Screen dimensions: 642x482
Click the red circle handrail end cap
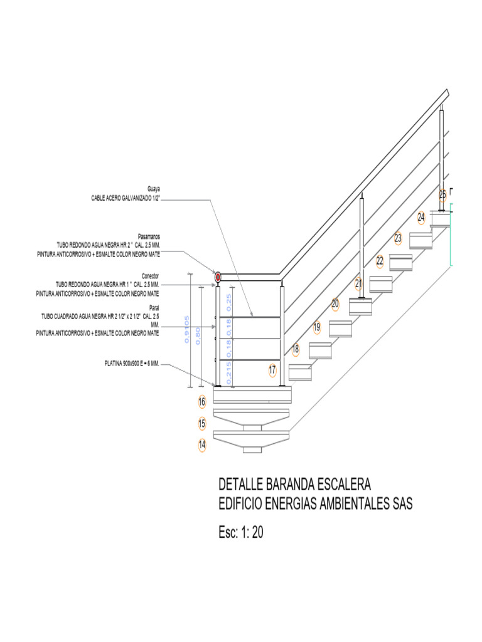[x=218, y=276]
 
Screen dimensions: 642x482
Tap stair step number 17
[x=272, y=371]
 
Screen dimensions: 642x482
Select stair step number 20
[x=335, y=303]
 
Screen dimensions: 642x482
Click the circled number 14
[x=202, y=445]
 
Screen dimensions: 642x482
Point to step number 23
[x=398, y=238]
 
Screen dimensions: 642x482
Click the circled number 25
[x=442, y=194]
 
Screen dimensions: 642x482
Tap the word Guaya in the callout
[x=153, y=189]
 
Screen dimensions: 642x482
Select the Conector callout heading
[x=150, y=276]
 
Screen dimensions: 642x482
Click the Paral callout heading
[x=154, y=308]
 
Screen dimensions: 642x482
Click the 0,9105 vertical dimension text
[x=186, y=329]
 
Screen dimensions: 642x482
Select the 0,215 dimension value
[x=229, y=373]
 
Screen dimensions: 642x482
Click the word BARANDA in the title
[x=292, y=485]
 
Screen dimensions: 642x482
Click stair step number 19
[x=317, y=327]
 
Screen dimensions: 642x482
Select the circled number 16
[x=202, y=401]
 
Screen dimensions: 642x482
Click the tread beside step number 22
[x=400, y=261]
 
